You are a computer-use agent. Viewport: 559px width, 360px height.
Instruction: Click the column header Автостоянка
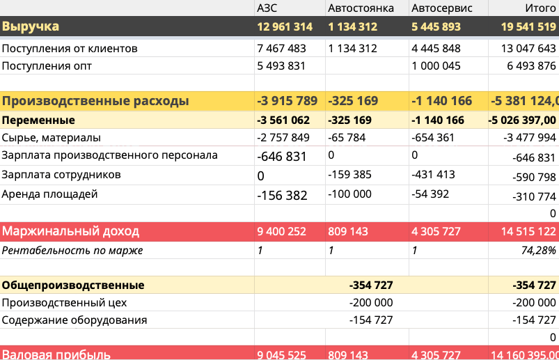[361, 8]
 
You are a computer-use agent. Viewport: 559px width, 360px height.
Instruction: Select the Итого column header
[541, 8]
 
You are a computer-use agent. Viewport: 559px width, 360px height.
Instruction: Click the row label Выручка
[31, 27]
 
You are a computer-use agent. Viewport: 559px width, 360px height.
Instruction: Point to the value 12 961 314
[284, 27]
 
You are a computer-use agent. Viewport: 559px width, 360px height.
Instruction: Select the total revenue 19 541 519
[528, 27]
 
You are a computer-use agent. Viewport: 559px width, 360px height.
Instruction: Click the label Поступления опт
[47, 66]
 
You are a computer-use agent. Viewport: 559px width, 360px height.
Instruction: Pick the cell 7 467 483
[281, 49]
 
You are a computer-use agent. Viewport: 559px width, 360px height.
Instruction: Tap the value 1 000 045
[436, 66]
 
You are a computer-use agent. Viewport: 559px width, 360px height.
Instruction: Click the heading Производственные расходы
[95, 101]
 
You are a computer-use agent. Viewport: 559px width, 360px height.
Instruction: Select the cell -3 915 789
[288, 101]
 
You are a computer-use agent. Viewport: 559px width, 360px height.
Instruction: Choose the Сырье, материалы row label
[52, 138]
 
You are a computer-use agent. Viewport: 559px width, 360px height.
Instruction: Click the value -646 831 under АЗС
[282, 157]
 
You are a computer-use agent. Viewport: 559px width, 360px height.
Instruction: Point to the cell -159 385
[349, 175]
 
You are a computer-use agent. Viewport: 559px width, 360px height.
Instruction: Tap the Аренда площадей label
[50, 194]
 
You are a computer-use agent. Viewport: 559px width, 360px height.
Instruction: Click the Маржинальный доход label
[70, 231]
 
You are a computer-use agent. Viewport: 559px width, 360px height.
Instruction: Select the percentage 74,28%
[538, 250]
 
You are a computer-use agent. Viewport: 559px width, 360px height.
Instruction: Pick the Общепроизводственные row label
[73, 285]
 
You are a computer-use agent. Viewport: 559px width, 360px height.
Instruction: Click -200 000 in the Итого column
[533, 303]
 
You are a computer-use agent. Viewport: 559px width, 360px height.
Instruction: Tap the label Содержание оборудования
[74, 321]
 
